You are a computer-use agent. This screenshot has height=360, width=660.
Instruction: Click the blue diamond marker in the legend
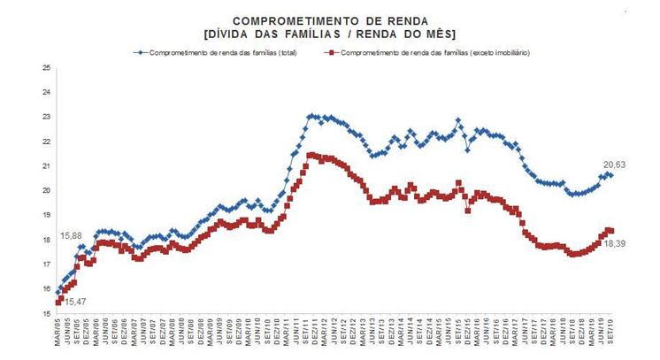tap(139, 53)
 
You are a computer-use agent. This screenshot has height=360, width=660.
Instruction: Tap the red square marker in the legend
tap(331, 53)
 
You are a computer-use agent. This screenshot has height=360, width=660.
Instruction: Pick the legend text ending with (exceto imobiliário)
tap(434, 53)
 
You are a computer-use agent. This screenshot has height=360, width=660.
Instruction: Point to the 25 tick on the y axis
tap(46, 67)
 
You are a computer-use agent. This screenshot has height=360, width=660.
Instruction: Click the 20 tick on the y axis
tap(46, 190)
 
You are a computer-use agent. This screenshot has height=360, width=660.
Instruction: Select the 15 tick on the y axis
tap(46, 313)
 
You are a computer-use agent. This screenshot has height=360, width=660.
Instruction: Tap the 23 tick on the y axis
tap(46, 117)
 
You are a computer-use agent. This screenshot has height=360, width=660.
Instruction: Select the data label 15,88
tap(71, 236)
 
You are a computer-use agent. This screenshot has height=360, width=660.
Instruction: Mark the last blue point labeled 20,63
tap(610, 175)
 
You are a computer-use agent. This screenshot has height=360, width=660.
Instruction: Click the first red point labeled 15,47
tap(58, 302)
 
